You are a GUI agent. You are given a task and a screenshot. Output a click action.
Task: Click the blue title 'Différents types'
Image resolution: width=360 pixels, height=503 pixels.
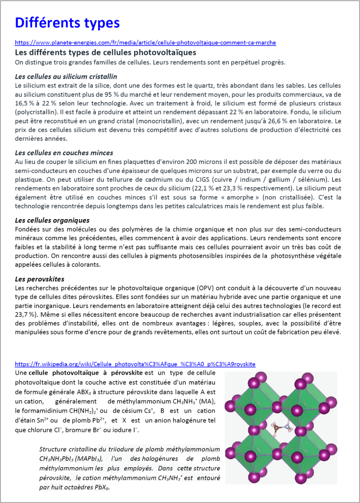point(67,23)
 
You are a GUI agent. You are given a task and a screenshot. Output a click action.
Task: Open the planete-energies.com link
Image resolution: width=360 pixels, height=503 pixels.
point(145,43)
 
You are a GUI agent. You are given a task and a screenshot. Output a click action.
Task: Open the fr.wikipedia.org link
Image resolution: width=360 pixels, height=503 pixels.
point(135,364)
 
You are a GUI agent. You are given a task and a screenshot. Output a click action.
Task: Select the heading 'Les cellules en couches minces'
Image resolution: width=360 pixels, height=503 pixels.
point(64,153)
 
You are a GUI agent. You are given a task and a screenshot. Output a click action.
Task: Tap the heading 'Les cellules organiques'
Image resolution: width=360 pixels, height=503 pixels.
point(52,220)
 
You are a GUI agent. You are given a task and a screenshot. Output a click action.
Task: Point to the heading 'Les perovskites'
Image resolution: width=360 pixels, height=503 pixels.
point(40,279)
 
